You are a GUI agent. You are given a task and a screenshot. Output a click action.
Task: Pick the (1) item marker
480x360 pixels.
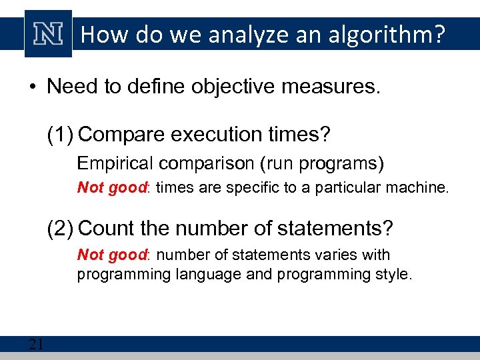pos(60,134)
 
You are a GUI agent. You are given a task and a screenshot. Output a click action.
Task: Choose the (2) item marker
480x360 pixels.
pos(60,229)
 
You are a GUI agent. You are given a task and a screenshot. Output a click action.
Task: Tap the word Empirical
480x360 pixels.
pos(109,163)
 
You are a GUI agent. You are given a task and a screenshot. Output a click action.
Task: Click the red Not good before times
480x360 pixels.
pos(111,188)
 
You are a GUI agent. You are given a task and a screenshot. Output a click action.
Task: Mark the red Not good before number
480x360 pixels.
pos(111,255)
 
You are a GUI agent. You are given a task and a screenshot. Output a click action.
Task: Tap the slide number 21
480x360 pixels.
pos(36,345)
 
